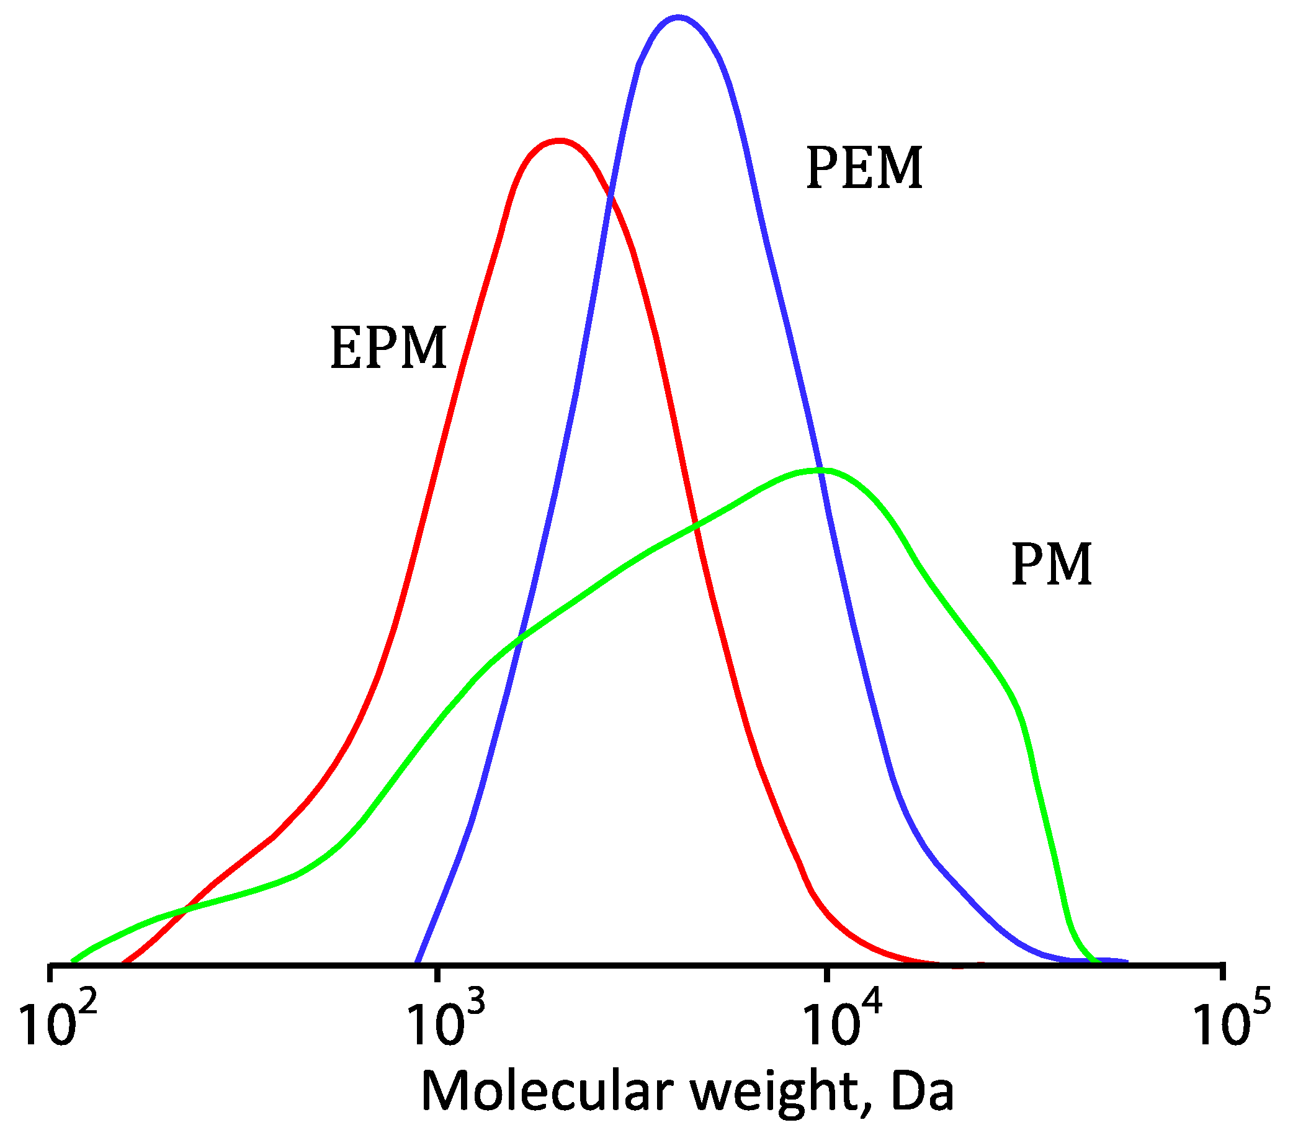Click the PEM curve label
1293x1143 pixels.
(864, 168)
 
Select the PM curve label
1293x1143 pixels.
(1052, 565)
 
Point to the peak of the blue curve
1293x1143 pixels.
(678, 18)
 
